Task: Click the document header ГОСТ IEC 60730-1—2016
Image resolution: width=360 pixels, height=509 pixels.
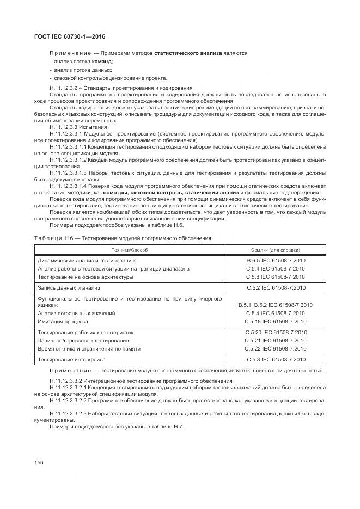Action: (69, 36)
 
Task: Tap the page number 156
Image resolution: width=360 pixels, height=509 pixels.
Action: (39, 462)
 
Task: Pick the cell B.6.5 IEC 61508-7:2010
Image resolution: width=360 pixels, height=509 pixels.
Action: (276, 261)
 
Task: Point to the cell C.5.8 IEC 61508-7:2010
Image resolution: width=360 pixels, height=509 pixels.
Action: (276, 277)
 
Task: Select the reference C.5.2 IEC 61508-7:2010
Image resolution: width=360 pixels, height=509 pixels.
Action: (276, 287)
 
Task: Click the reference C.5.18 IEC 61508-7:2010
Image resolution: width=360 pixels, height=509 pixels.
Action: (276, 321)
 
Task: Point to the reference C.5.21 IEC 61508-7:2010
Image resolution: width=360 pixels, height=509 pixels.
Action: (276, 340)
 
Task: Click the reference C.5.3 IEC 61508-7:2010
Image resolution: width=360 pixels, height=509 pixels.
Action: (276, 359)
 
